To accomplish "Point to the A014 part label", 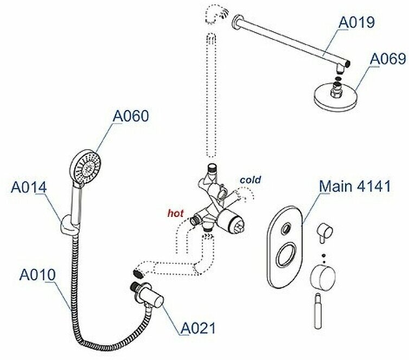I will coord(29,187).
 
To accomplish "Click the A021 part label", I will coord(198,327).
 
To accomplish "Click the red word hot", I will coord(176,213).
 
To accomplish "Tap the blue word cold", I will coord(250,179).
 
